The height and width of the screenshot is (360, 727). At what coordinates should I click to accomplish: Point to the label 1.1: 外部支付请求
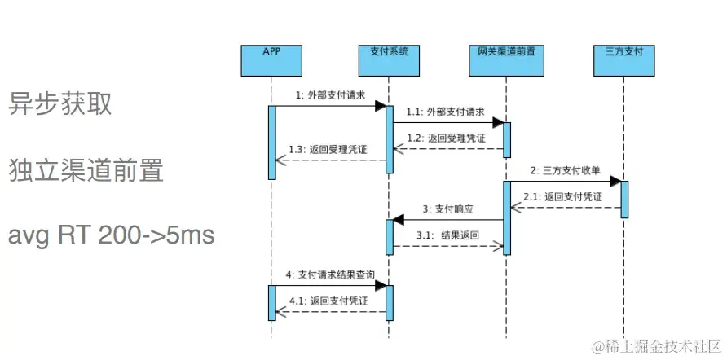pyautogui.click(x=447, y=112)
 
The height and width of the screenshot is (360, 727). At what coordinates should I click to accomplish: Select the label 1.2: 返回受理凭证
pyautogui.click(x=447, y=138)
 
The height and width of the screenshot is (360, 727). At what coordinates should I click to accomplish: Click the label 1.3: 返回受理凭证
pyautogui.click(x=328, y=149)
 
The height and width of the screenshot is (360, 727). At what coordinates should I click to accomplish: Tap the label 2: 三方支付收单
pyautogui.click(x=566, y=171)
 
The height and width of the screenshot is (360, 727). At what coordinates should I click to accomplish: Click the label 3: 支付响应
pyautogui.click(x=447, y=209)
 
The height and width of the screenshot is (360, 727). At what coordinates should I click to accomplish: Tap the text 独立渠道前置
pyautogui.click(x=86, y=170)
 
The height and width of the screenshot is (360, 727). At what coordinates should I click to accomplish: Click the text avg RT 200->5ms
pyautogui.click(x=111, y=235)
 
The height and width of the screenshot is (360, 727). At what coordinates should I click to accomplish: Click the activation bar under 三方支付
pyautogui.click(x=624, y=200)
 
